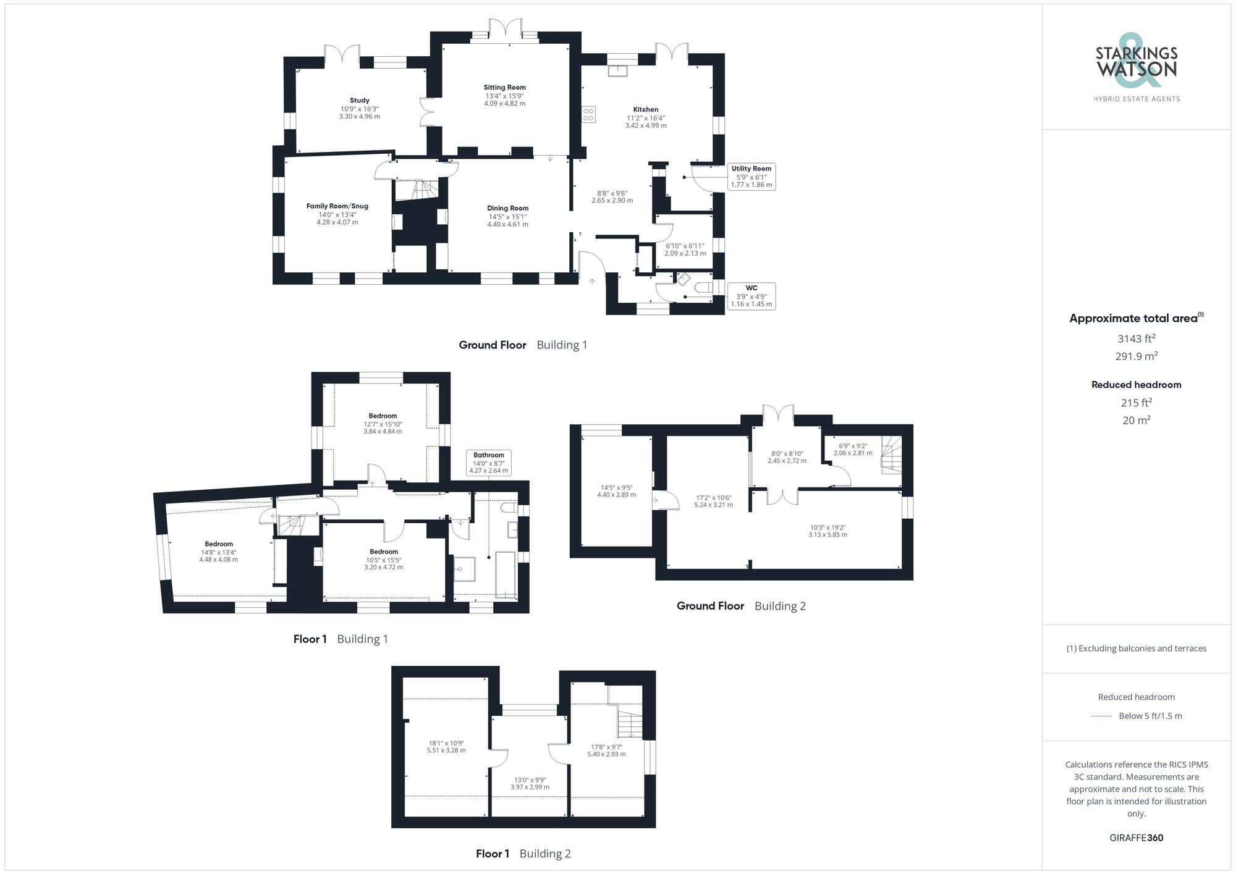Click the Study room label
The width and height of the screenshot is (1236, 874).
coord(359,100)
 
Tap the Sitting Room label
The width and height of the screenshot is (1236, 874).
coord(504,88)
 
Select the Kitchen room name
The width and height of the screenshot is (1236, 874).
coord(646,109)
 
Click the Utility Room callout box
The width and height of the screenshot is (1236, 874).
coord(751,177)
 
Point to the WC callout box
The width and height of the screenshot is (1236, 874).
coord(751,296)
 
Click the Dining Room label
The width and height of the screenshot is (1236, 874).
coord(507,208)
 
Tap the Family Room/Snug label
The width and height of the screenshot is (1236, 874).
coord(337,206)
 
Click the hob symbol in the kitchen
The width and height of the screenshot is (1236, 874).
coord(588,114)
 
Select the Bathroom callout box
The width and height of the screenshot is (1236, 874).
coord(488,463)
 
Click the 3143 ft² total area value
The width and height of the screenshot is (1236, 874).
coord(1136,338)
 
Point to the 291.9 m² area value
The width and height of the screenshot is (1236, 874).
coord(1136,356)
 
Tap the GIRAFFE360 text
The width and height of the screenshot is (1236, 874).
coord(1136,838)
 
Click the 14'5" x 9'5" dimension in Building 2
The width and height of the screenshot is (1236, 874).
coord(616,490)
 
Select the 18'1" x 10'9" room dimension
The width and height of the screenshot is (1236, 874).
coord(446,747)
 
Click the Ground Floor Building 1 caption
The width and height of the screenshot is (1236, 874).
coord(522,345)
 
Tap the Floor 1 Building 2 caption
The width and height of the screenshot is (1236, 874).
coord(523,854)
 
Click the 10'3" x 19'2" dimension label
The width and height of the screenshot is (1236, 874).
coord(828,531)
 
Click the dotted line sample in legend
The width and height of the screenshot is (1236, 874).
coord(1101,716)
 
